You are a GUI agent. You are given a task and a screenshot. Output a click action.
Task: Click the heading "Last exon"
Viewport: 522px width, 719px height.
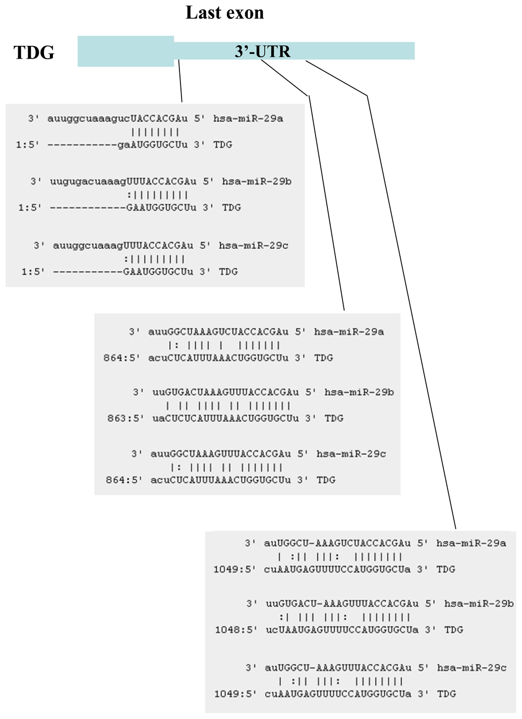(224, 13)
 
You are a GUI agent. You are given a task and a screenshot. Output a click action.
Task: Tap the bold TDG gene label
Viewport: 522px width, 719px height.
(34, 53)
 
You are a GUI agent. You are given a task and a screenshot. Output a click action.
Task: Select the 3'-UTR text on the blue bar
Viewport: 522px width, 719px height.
(262, 52)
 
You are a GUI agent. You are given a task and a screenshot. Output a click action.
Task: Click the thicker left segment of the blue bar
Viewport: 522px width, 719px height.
(125, 51)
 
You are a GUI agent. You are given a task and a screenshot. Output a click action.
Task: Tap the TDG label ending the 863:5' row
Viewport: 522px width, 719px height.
(334, 419)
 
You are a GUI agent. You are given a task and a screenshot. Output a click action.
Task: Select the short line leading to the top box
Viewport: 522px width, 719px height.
(180, 82)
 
